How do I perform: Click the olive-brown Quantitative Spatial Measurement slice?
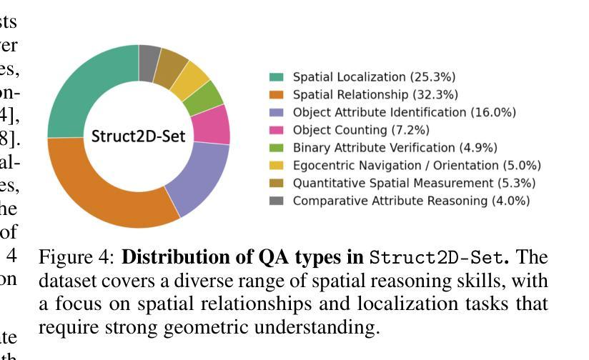click(170, 65)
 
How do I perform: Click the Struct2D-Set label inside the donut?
click(138, 135)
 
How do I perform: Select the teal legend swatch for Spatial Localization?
click(277, 77)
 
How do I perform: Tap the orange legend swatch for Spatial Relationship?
click(277, 95)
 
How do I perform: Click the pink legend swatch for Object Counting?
click(277, 130)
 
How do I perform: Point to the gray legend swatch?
click(277, 201)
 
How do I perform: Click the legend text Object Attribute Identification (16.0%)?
click(404, 112)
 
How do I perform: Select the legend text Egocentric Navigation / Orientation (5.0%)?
click(417, 166)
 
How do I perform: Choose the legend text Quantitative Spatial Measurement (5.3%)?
click(414, 184)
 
